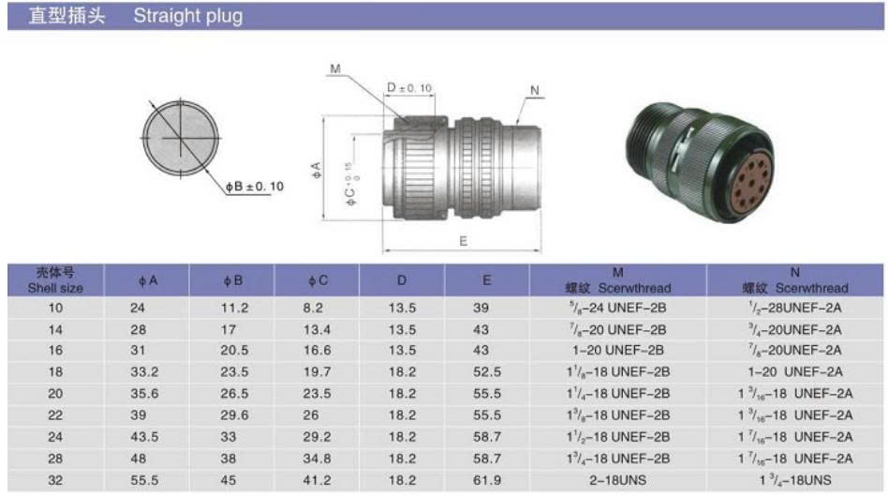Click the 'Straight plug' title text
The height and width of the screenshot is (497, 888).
[188, 16]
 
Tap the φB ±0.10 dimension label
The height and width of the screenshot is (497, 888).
[254, 187]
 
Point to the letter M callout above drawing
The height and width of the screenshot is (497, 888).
[335, 68]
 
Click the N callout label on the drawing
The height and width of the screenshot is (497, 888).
[535, 90]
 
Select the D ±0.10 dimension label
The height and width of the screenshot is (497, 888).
[409, 88]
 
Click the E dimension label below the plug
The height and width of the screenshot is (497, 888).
[464, 241]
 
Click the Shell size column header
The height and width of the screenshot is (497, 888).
[55, 280]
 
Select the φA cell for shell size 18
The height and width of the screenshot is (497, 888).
[144, 371]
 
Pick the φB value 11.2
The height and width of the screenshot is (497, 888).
[234, 308]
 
